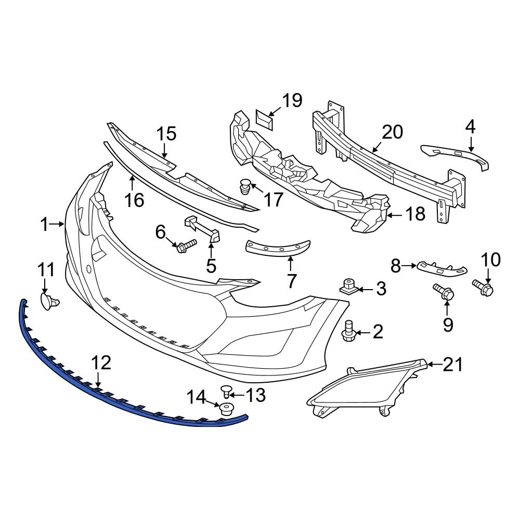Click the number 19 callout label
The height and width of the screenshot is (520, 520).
pos(292,100)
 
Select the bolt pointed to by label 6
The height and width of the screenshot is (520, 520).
pos(187,245)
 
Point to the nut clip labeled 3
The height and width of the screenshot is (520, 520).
pos(348,286)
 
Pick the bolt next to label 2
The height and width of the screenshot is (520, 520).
pos(349,331)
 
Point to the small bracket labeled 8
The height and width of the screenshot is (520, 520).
pos(442,267)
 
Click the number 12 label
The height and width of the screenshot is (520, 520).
pos(102,363)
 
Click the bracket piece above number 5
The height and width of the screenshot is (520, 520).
pos(202,228)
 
